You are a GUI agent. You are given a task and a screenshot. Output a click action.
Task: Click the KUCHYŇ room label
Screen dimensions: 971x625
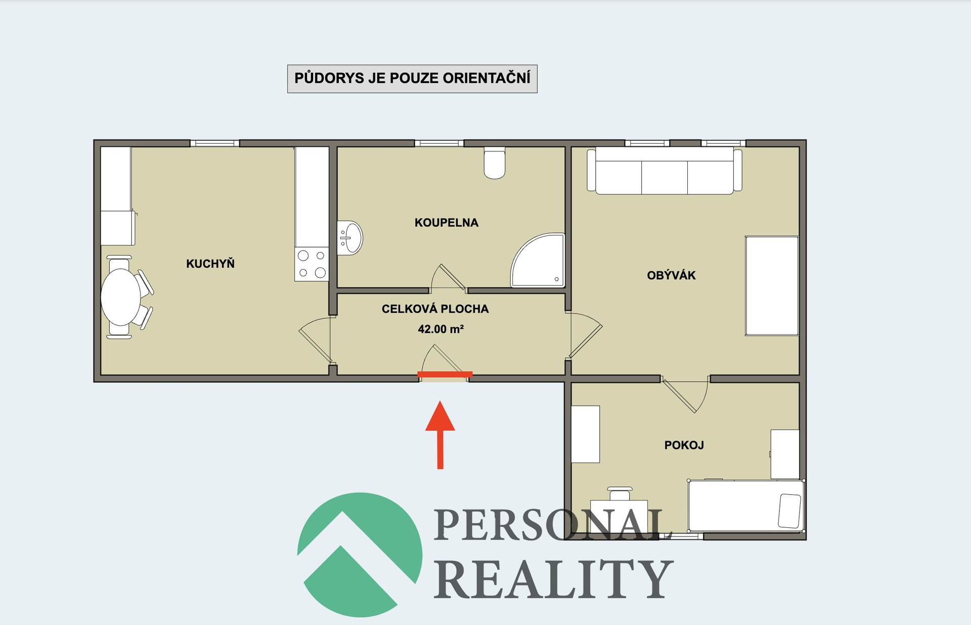(210, 264)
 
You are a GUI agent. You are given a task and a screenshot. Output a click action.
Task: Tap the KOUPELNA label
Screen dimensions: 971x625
(447, 223)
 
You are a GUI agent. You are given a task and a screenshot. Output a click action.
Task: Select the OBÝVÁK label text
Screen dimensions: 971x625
(671, 275)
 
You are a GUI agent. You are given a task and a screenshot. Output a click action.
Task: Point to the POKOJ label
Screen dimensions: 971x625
(684, 445)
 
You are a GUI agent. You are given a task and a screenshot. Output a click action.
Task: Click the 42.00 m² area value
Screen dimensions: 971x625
(440, 329)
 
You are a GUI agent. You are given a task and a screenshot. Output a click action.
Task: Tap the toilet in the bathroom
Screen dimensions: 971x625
(495, 163)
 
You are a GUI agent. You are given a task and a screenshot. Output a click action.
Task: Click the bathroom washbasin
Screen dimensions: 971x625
(350, 238)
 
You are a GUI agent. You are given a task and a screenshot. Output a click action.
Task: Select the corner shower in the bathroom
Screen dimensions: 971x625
(538, 260)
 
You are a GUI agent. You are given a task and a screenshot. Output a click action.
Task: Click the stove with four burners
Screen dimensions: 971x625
(312, 264)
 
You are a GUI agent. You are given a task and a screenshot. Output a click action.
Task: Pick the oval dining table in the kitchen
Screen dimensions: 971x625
(121, 298)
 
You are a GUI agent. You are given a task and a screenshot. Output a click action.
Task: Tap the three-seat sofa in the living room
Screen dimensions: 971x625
(665, 171)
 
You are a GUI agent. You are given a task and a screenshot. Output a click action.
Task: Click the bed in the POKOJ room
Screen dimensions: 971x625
(746, 506)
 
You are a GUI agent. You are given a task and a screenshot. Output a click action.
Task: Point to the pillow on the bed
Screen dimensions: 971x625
(789, 511)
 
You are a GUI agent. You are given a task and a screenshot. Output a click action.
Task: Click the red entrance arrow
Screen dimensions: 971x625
(440, 435)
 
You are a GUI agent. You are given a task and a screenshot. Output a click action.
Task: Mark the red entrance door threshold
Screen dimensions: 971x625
(445, 374)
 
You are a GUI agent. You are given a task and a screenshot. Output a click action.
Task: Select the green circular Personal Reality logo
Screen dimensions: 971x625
(360, 555)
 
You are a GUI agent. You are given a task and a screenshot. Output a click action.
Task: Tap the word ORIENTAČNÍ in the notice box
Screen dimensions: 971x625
(487, 78)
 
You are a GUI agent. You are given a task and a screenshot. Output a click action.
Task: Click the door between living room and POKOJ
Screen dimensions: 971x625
(685, 395)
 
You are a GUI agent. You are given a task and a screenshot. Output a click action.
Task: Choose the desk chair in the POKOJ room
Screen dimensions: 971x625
(620, 493)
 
